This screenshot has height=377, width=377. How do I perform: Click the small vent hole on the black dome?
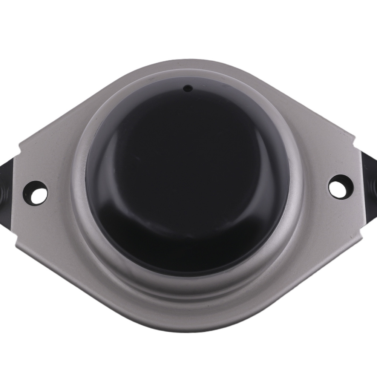coord(187,89)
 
